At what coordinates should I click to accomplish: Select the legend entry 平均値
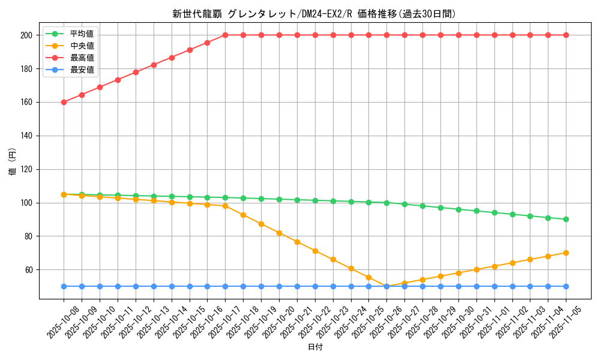coord(82,34)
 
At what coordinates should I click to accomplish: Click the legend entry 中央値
coord(82,46)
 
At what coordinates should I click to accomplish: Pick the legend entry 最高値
coord(82,58)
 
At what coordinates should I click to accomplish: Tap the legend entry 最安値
coord(82,70)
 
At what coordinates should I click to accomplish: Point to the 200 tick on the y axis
coord(26,35)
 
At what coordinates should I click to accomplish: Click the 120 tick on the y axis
coord(26,169)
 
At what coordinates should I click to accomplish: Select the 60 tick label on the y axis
coord(28,270)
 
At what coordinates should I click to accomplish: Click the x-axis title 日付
coord(315,347)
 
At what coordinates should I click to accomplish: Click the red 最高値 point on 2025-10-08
coord(64,102)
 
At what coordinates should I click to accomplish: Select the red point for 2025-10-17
coord(225,35)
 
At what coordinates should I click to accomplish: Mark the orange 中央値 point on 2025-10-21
coord(297,242)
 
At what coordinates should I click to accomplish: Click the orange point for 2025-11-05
coord(566,253)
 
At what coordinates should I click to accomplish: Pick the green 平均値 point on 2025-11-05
coord(566,220)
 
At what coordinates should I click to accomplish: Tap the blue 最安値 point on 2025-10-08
coord(64,286)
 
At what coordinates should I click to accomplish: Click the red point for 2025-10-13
coord(154,65)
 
